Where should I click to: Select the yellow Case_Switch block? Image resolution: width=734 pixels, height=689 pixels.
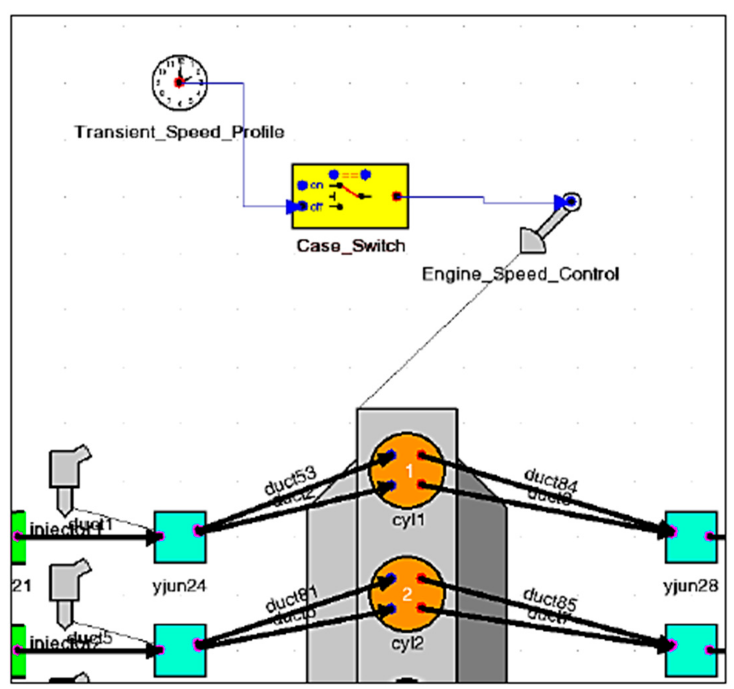coord(350,196)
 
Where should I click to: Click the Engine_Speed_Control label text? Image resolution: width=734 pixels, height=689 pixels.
coord(520,274)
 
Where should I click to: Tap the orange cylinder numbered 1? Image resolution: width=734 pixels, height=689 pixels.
coord(407,470)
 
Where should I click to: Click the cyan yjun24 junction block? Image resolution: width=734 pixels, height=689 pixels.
coord(180,537)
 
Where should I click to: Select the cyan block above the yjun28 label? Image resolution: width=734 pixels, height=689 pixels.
coord(691,537)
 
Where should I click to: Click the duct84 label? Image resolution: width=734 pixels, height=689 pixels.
coord(550,480)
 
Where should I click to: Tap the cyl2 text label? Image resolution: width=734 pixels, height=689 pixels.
coord(407,643)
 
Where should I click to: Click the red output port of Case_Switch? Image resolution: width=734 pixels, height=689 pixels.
coord(396,196)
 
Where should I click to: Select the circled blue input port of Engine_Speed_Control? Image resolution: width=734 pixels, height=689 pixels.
coord(572,202)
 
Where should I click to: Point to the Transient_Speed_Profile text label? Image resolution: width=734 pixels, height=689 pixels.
coord(180,132)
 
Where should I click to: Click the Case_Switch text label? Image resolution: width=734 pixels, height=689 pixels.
coord(350,246)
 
